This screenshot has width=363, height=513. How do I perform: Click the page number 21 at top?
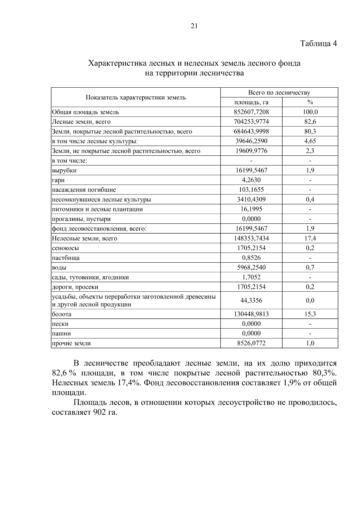click(194, 26)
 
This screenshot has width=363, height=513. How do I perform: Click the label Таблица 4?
click(318, 44)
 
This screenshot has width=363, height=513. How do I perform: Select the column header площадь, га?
click(251, 102)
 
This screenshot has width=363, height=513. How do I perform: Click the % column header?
click(310, 102)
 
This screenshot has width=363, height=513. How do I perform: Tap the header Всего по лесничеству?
click(279, 93)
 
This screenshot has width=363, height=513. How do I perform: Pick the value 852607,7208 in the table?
click(251, 112)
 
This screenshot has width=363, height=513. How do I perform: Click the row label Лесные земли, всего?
click(81, 122)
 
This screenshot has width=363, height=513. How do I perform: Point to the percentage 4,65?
click(310, 141)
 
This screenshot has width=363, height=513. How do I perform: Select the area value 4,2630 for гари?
click(251, 180)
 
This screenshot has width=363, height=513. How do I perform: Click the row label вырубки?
click(64, 170)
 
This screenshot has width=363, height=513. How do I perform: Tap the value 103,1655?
click(251, 190)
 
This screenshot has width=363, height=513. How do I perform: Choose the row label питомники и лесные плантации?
click(97, 209)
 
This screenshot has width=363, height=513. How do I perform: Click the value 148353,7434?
click(251, 238)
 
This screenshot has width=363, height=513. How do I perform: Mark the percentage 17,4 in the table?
click(310, 238)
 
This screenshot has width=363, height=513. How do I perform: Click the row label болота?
click(62, 314)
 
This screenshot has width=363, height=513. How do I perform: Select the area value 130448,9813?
click(251, 314)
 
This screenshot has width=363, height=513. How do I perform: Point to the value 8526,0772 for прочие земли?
click(251, 343)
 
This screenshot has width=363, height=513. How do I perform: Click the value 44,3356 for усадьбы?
click(251, 300)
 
